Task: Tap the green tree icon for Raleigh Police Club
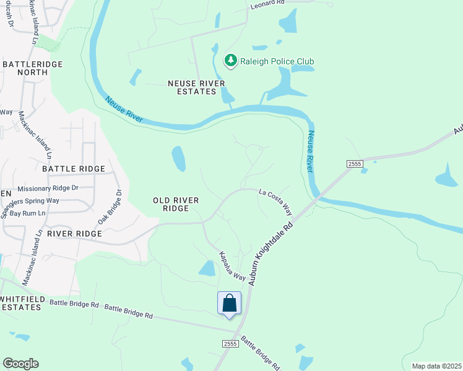click(x=231, y=61)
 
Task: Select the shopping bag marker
click(x=229, y=304)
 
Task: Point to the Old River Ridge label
click(x=171, y=204)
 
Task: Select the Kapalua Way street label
click(x=233, y=267)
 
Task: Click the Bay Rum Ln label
click(x=28, y=213)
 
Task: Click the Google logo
click(x=21, y=363)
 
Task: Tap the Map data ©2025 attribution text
click(x=436, y=366)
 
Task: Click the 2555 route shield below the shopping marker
click(x=230, y=344)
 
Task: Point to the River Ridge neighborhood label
click(x=74, y=234)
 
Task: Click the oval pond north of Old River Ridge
click(x=178, y=159)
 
